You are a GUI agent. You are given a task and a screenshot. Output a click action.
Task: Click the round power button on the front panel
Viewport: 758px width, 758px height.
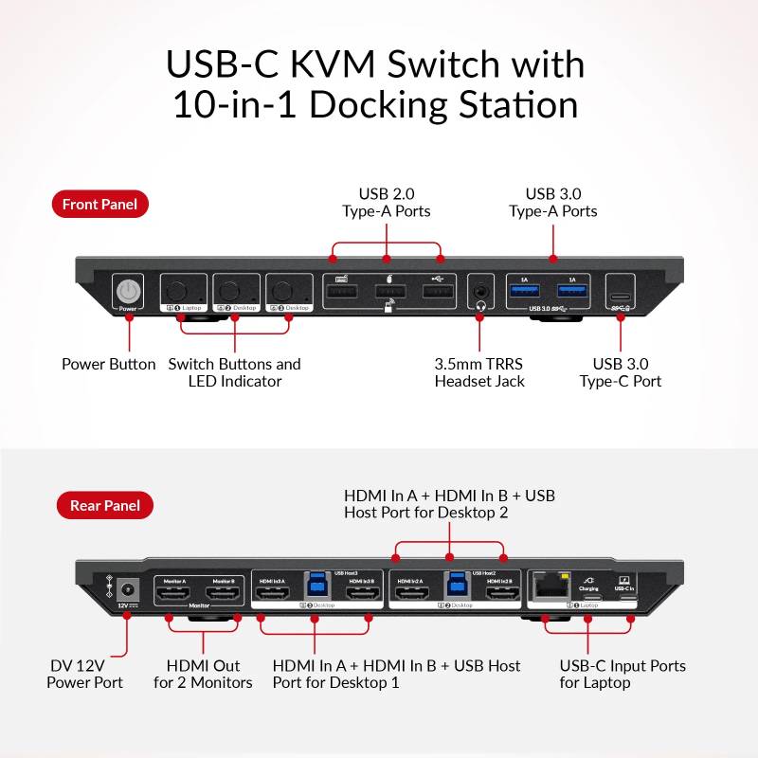point(127,290)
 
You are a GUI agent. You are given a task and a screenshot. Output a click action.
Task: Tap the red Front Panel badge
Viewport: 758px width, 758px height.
point(99,204)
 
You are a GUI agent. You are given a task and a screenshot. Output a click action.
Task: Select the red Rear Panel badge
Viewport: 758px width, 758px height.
point(104,505)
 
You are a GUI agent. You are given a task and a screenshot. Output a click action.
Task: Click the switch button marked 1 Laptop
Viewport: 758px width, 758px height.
point(180,288)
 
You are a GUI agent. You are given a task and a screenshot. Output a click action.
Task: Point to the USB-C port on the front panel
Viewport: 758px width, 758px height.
point(621,293)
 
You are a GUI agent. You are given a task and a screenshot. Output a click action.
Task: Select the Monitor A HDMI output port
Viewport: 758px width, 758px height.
point(174,593)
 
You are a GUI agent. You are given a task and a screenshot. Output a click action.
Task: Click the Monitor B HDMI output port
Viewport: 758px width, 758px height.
point(224,593)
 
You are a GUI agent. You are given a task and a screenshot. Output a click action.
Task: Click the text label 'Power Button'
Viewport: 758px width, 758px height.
point(108,364)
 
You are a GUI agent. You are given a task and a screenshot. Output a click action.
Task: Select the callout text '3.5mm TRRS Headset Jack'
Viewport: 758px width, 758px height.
point(479,372)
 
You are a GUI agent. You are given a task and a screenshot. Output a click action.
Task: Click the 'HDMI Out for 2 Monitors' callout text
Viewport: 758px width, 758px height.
point(203,674)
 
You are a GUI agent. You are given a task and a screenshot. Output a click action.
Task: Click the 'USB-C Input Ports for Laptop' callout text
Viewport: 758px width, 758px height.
point(622,674)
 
